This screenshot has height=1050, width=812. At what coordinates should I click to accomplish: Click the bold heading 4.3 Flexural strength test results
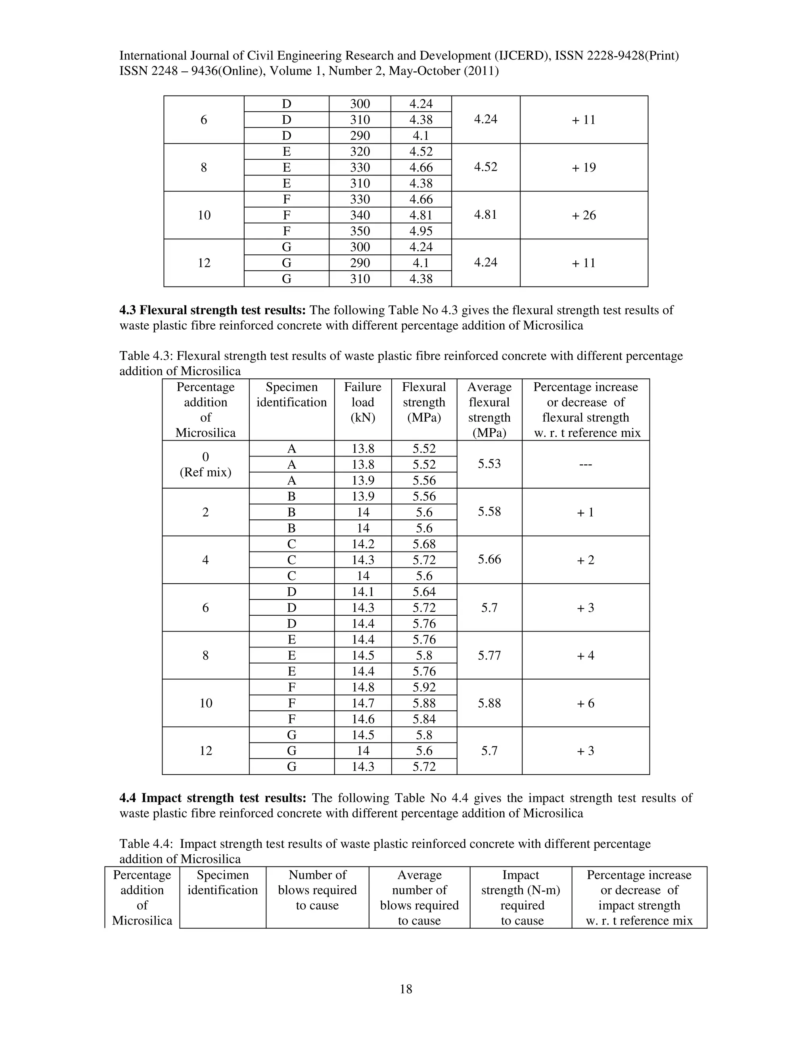212,310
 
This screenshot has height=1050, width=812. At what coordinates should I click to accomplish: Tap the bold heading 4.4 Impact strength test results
212,798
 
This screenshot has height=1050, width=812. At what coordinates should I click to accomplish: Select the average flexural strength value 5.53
489,464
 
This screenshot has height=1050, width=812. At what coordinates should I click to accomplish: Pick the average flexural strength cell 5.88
489,703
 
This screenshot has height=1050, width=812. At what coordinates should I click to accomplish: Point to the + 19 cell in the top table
584,167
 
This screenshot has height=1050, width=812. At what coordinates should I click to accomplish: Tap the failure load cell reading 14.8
363,687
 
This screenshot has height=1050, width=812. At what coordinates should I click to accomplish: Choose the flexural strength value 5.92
424,687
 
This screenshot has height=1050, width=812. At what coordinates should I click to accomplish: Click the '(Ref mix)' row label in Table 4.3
205,472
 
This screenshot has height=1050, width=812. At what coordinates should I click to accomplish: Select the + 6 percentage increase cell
586,703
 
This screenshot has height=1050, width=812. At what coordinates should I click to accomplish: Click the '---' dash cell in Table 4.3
586,464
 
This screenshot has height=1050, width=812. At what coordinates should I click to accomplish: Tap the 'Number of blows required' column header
317,890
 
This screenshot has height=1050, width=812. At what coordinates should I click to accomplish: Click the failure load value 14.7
363,703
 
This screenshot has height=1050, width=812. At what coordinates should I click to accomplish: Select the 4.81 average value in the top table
485,214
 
